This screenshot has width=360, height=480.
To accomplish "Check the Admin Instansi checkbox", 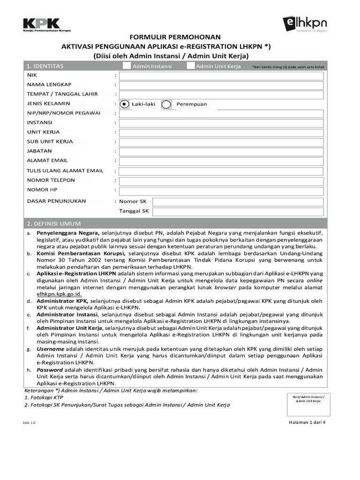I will point(127,66).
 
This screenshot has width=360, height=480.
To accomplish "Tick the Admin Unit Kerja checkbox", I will point(190,66).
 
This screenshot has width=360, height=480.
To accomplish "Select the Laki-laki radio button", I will point(124,104).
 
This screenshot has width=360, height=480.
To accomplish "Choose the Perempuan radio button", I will point(166,104).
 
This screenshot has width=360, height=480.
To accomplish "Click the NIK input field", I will point(221,75).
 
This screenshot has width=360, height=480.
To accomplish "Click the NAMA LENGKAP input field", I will point(221,85).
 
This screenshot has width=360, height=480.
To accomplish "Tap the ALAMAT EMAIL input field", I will point(221,161).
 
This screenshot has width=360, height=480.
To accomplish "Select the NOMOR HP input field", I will point(221,190).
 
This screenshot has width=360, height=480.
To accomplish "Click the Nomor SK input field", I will point(238,202).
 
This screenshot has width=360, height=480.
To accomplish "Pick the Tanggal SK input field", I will point(238,211).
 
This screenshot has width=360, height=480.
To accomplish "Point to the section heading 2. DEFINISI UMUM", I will point(54,224).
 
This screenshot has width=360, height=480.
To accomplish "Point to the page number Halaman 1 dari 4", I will point(307,422).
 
